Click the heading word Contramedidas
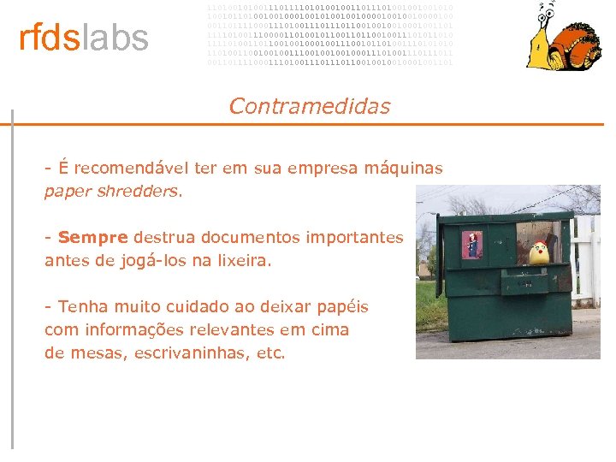tap(309, 107)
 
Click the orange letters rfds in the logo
tap(49, 38)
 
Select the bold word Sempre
tap(92, 237)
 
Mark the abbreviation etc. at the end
tap(271, 352)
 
